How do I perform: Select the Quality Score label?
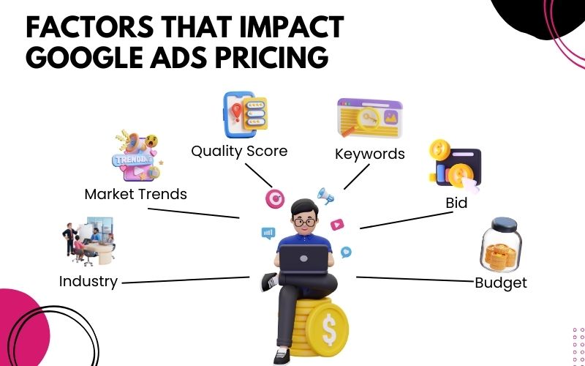pos(239,151)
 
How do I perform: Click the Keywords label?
pos(369,154)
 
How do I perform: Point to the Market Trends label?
pos(136,194)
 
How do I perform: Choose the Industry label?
pos(88,281)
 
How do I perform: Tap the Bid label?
pos(456,203)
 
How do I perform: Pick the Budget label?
pos(501,283)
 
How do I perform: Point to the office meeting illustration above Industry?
pos(88,242)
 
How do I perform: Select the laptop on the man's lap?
pos(304,258)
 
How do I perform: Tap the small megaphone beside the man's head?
pos(325,195)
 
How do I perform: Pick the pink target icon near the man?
pos(274,198)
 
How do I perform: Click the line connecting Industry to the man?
pos(186,280)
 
